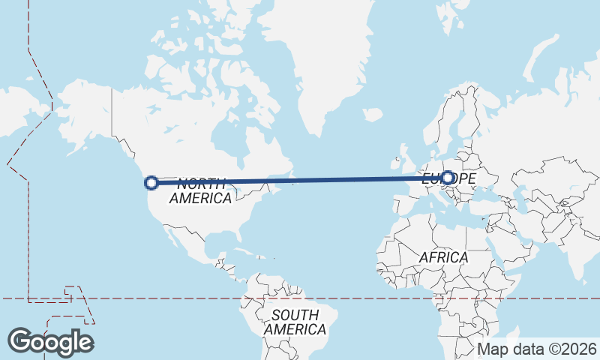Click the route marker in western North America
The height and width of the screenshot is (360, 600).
(151, 182)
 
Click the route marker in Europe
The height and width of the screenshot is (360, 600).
(448, 178)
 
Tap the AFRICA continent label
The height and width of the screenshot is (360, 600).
(443, 257)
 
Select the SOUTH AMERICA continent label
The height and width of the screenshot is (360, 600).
(295, 322)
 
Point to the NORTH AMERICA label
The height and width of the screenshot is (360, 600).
(200, 191)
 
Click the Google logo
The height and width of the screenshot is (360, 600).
(50, 342)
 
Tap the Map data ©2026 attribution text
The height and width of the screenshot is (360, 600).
(537, 349)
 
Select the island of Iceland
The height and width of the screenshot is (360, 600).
(373, 115)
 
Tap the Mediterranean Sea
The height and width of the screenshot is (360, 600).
(450, 211)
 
